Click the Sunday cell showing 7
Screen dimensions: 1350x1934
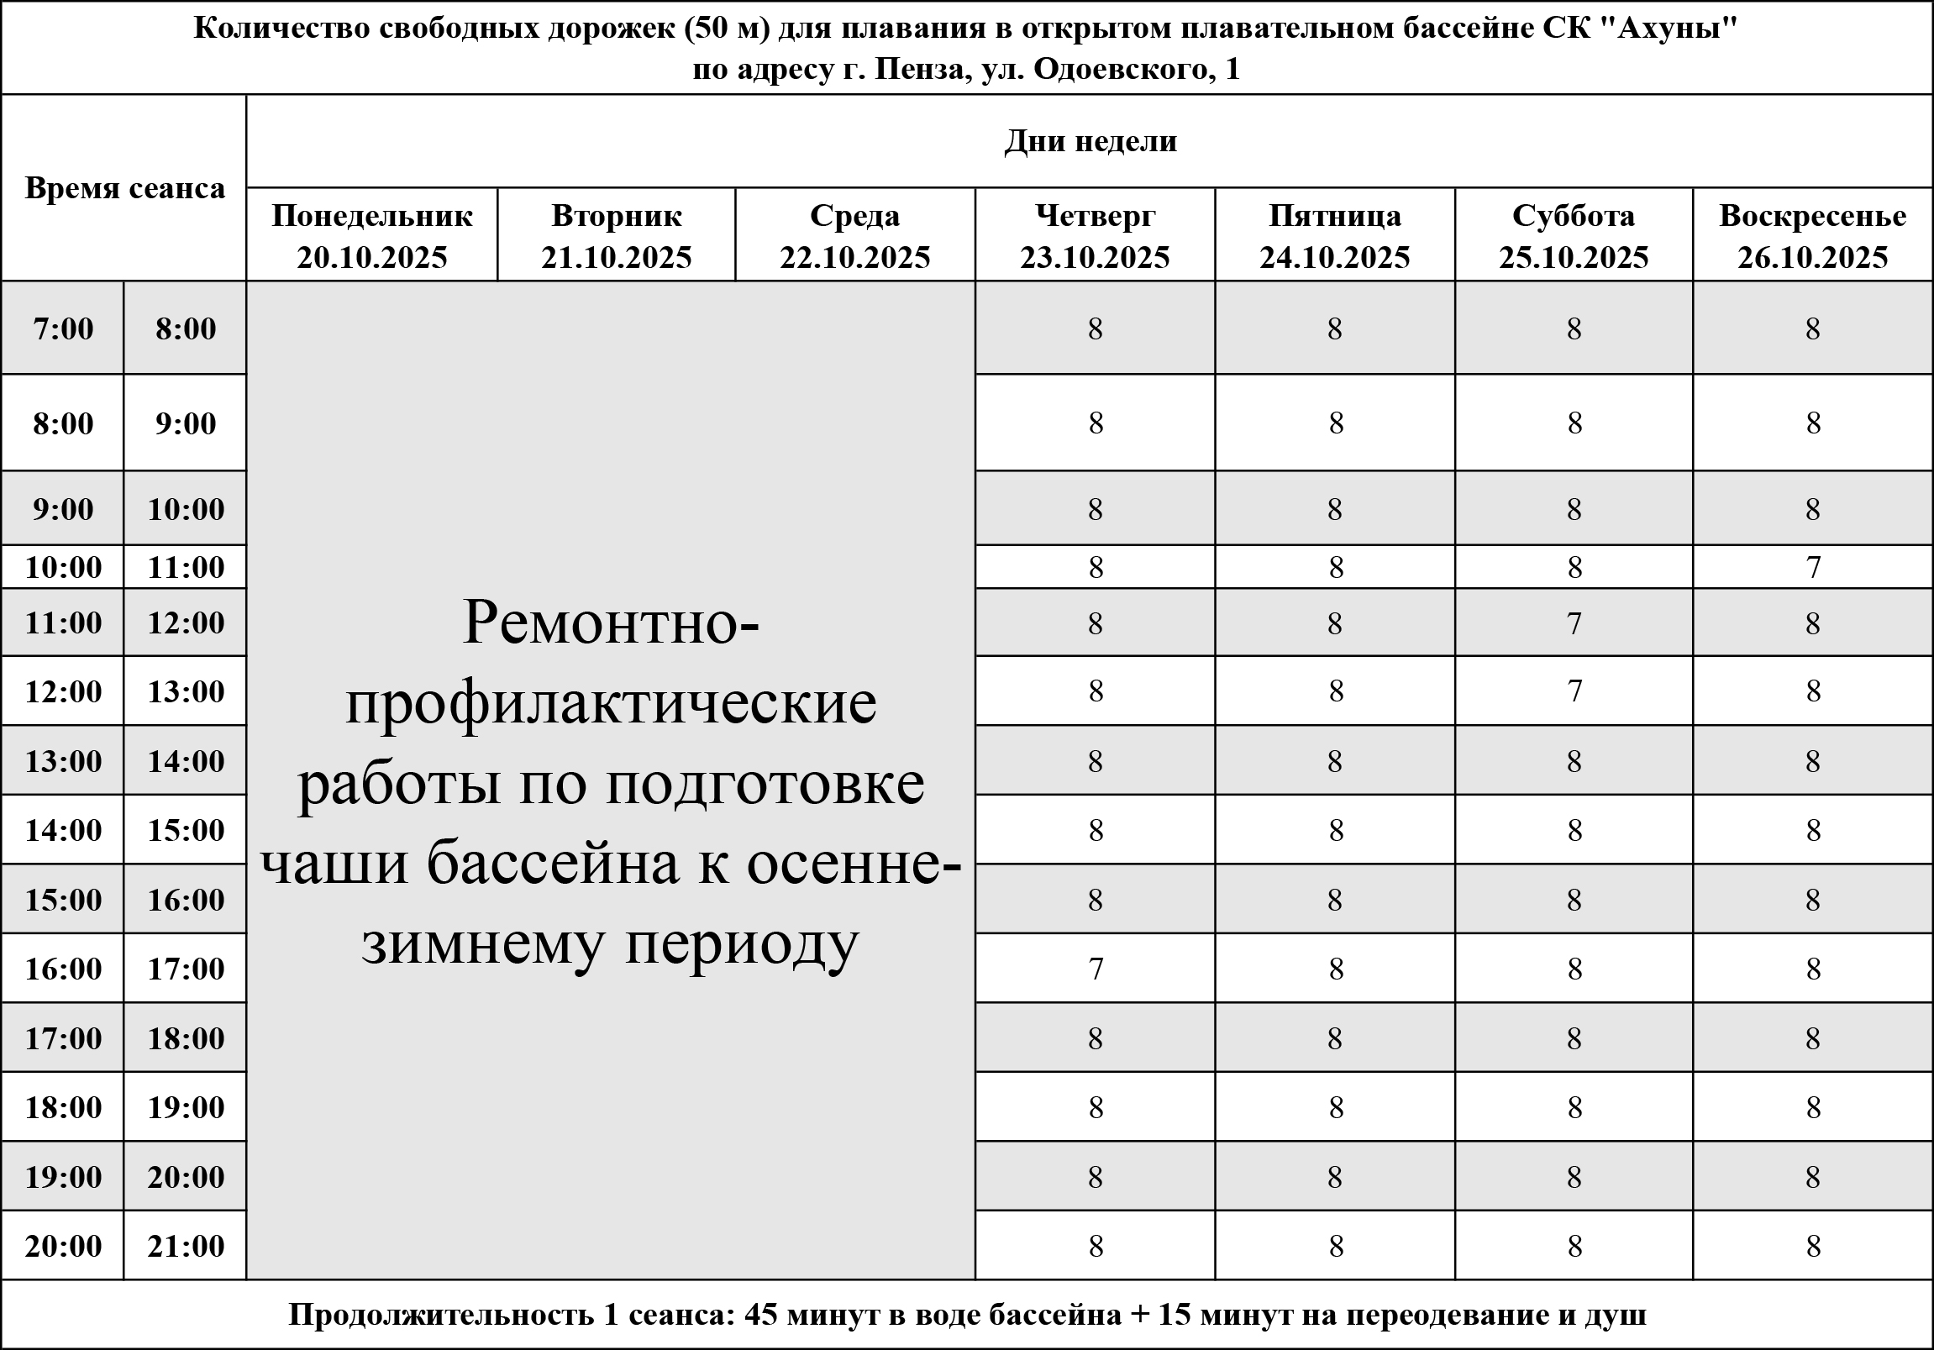(x=1813, y=567)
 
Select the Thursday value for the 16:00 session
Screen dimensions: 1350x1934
(x=1095, y=969)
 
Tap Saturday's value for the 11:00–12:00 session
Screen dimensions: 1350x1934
(x=1574, y=623)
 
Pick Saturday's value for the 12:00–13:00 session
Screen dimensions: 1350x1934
(x=1574, y=691)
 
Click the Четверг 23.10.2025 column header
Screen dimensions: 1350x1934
(x=1095, y=236)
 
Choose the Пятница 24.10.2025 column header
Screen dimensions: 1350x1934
(x=1335, y=236)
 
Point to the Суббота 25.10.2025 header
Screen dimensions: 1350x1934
(x=1574, y=236)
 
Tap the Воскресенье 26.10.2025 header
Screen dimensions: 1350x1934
(x=1813, y=236)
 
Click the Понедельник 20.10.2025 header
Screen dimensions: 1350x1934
(x=371, y=236)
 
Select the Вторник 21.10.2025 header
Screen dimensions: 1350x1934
(x=617, y=236)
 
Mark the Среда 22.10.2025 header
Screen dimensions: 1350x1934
(x=855, y=236)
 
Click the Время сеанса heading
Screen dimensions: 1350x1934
(x=124, y=189)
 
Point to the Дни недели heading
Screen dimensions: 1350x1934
(x=1090, y=140)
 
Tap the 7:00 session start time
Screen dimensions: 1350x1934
(x=63, y=328)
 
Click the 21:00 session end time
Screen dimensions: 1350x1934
(x=186, y=1246)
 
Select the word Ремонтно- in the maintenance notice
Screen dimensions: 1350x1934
(x=611, y=623)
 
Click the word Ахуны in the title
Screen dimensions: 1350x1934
(x=1666, y=29)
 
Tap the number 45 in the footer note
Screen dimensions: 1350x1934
(x=760, y=1314)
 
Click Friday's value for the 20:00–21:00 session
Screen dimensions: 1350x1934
(x=1335, y=1246)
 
